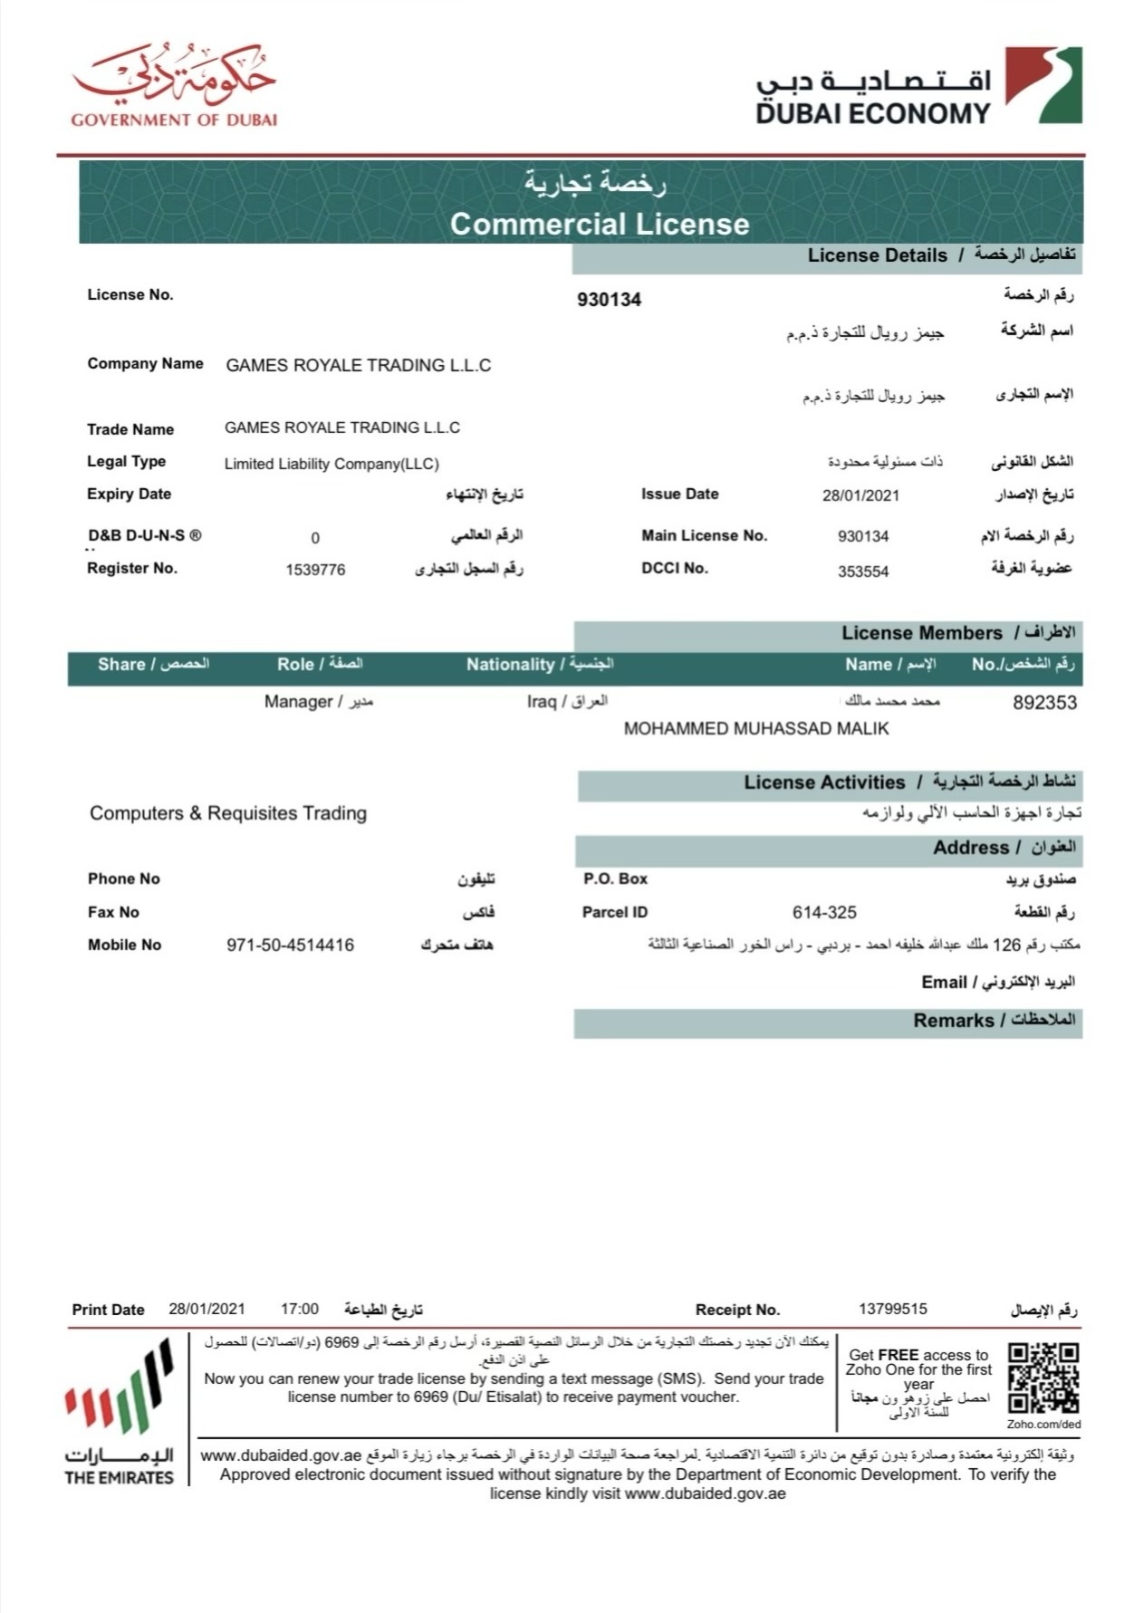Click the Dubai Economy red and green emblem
tap(1043, 85)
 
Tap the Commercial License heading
tap(600, 224)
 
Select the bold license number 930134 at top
tap(609, 300)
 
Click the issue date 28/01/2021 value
tap(860, 495)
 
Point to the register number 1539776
tap(315, 570)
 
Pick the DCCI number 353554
tap(863, 571)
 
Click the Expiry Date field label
tap(129, 494)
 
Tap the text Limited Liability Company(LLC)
tap(332, 464)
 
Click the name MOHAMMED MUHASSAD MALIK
tap(756, 729)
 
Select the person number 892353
tap(1044, 703)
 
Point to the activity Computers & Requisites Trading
tap(228, 813)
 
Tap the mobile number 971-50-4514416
tap(290, 946)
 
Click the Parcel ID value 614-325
tap(824, 913)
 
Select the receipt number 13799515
tap(893, 1309)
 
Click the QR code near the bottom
tap(1043, 1378)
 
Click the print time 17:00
tap(300, 1309)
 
